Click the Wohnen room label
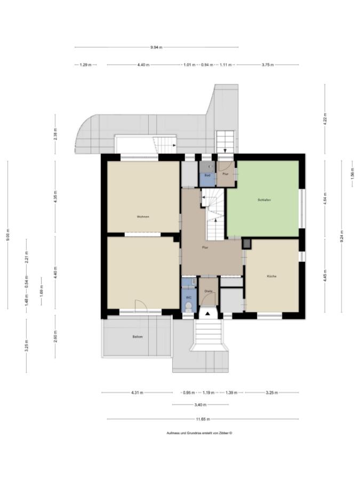tap(143, 217)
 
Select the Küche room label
tap(272, 276)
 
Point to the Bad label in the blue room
tap(207, 175)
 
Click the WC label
tap(188, 298)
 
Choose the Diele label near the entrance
tap(209, 291)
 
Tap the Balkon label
tap(138, 337)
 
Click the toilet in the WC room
tap(188, 307)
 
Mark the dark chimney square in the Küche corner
tap(246, 244)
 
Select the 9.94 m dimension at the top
tap(156, 47)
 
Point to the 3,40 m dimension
tap(200, 405)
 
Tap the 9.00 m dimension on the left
tap(8, 235)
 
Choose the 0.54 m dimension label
tap(27, 281)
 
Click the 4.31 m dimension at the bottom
tap(137, 393)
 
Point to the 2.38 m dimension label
tap(55, 133)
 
